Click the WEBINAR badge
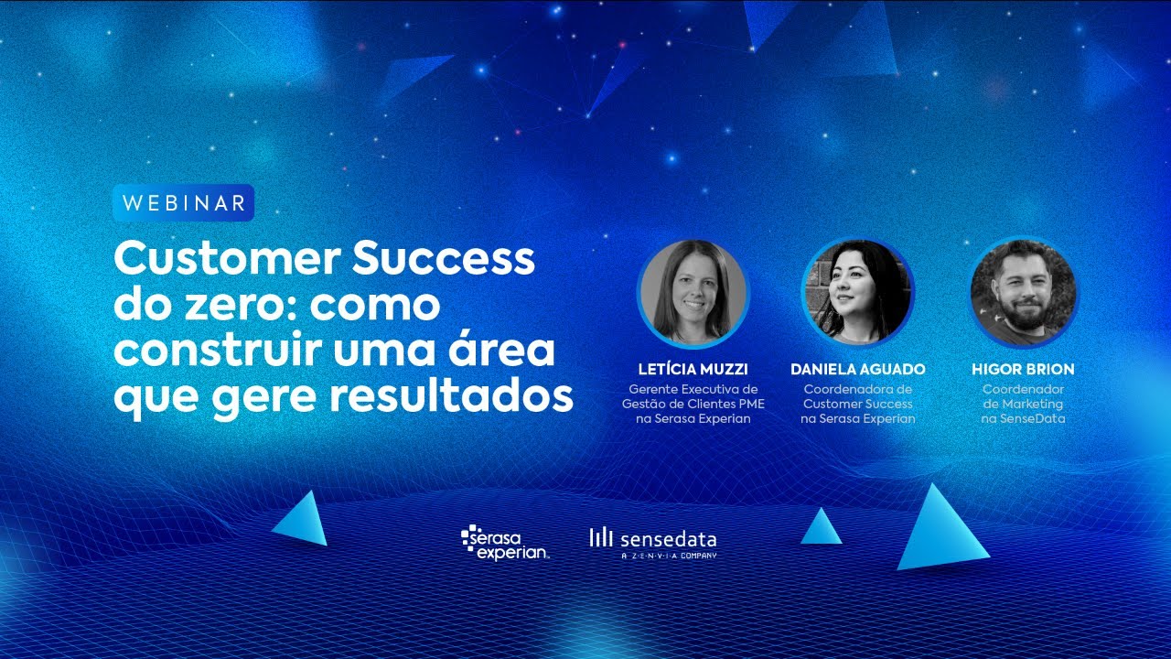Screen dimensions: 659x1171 (x=183, y=203)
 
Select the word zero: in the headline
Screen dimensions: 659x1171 (x=239, y=305)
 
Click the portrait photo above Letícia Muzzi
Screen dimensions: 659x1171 (x=693, y=293)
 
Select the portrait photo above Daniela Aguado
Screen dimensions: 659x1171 (x=857, y=293)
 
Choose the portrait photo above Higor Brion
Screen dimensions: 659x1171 (x=1023, y=293)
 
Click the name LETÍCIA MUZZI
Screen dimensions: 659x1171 (x=693, y=370)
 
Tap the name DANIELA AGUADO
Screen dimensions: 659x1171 (x=857, y=370)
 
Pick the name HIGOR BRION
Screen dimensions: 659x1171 (x=1023, y=370)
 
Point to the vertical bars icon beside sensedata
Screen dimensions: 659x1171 (x=601, y=538)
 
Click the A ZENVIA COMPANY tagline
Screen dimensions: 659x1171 (x=669, y=556)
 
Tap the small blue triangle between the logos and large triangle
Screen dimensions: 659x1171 (x=821, y=528)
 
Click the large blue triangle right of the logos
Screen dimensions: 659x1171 (x=941, y=531)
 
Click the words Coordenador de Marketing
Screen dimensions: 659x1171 (x=1023, y=396)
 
